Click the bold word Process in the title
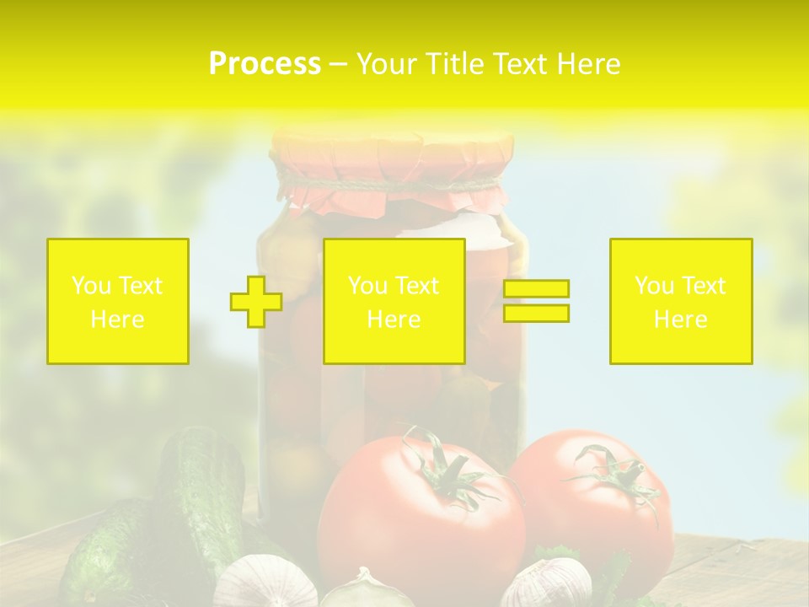265,64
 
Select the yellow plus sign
256,302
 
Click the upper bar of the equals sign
536,288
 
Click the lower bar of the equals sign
536,314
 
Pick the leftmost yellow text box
118,302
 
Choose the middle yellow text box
394,302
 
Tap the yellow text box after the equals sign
681,302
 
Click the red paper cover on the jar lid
392,156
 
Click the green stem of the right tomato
615,476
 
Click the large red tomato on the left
413,523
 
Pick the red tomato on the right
598,514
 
